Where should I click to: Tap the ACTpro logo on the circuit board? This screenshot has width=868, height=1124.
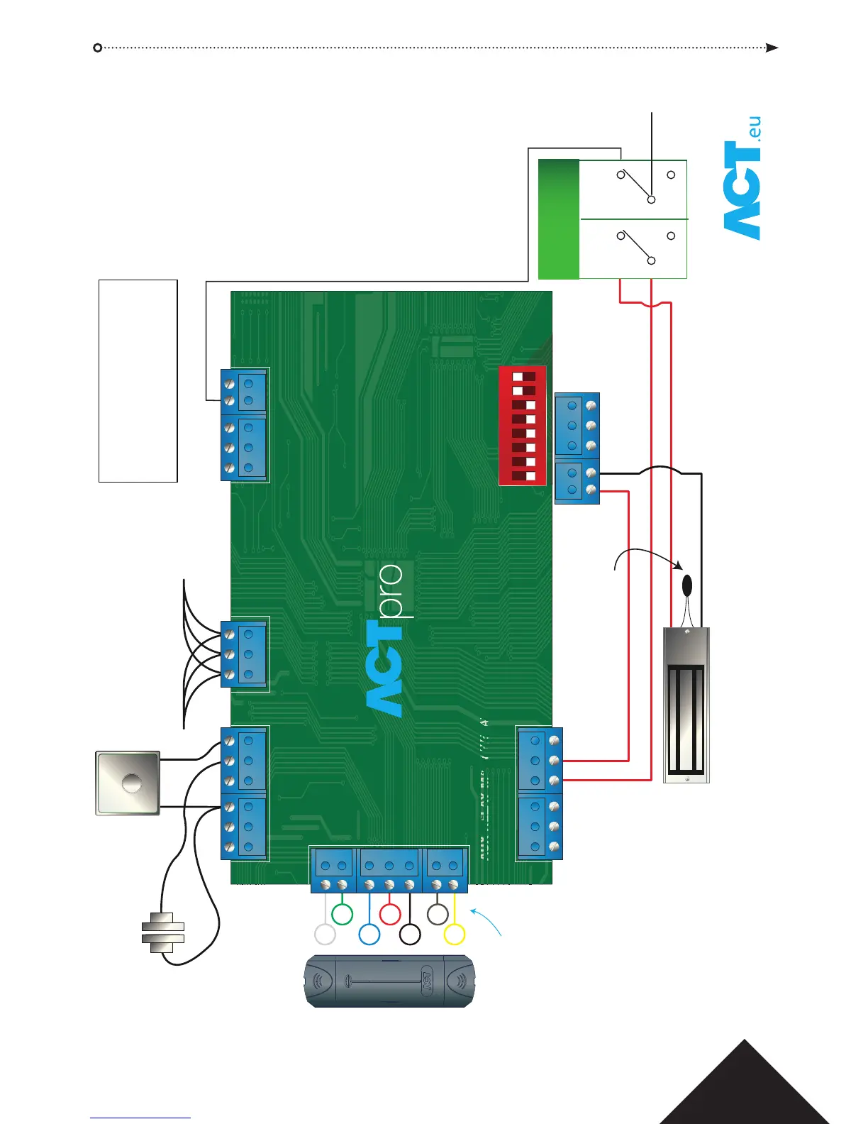click(386, 639)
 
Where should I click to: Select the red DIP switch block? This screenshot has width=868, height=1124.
click(523, 426)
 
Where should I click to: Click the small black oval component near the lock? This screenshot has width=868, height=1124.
click(686, 586)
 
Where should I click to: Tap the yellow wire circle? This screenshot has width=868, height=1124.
click(454, 935)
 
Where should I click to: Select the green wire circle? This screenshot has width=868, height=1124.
click(343, 914)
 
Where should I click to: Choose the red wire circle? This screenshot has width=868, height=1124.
click(390, 914)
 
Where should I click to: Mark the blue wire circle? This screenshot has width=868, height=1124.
click(369, 935)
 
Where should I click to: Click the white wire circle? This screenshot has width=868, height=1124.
click(325, 935)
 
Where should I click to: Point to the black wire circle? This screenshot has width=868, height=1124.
click(410, 935)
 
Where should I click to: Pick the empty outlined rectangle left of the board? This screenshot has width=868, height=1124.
click(138, 381)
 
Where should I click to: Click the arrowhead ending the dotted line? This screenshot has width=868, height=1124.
click(772, 48)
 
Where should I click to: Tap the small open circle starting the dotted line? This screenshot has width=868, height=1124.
click(98, 48)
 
